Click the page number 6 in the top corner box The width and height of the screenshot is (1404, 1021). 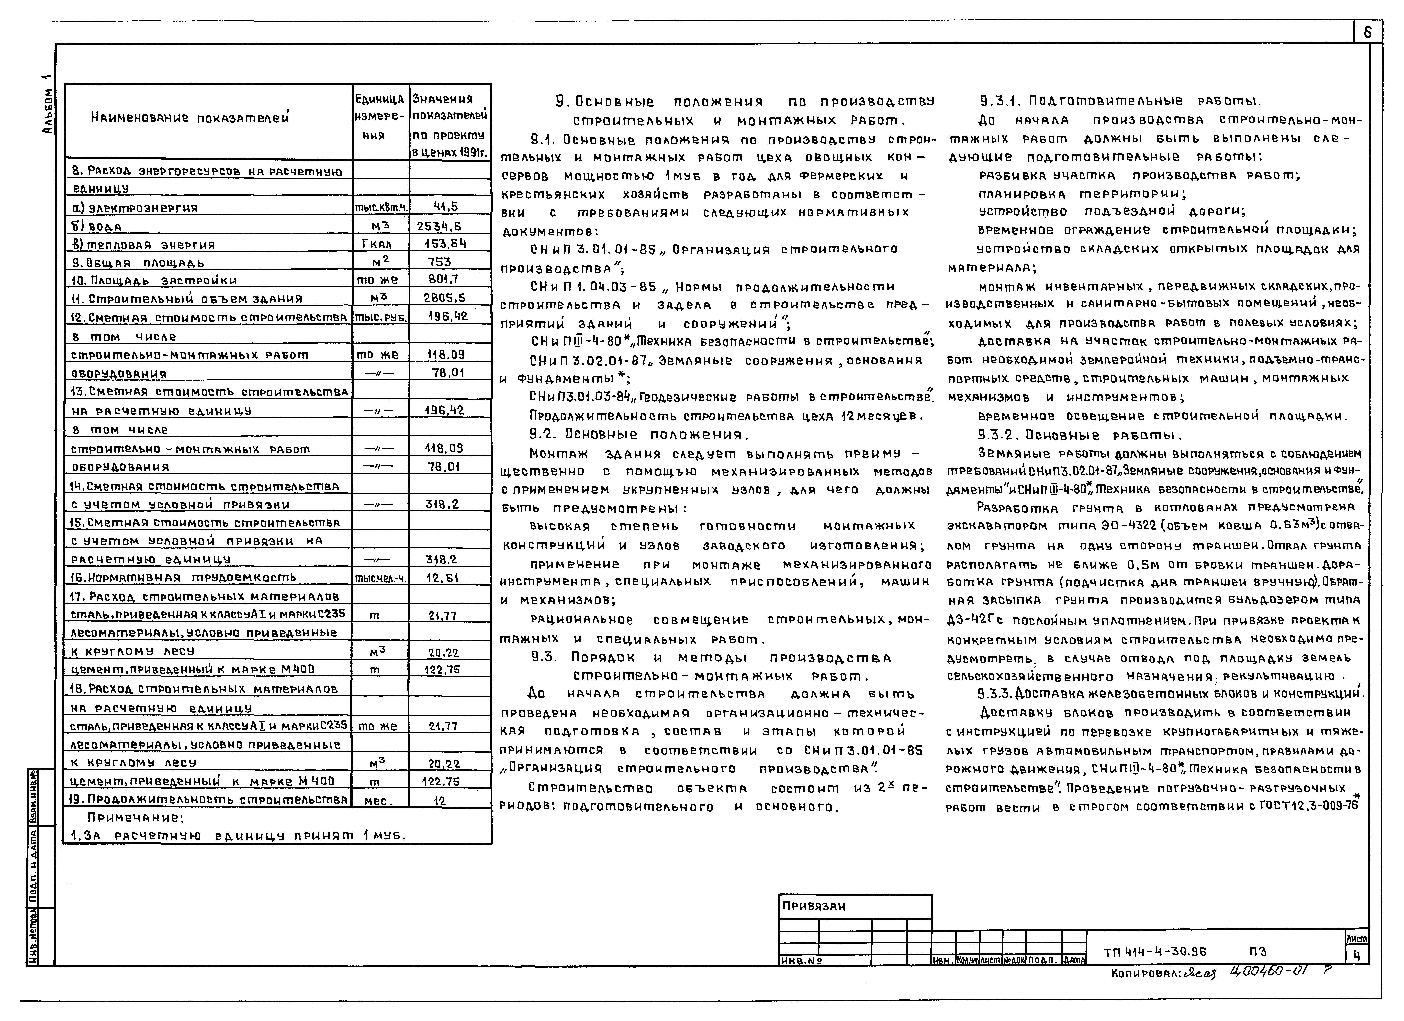pos(1367,32)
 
